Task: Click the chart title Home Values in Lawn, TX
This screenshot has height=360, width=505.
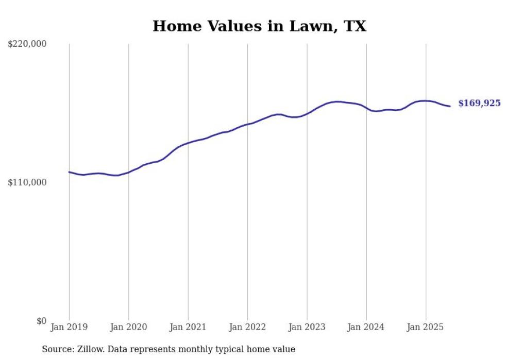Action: point(259,26)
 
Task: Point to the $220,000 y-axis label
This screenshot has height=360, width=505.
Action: point(27,44)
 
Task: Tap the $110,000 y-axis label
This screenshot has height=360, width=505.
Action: point(27,182)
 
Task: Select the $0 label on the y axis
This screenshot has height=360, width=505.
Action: point(41,321)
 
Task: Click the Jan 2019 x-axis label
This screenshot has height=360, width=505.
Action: point(69,327)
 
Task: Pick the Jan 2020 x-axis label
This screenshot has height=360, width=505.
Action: point(128,327)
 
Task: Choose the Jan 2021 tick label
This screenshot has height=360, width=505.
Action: point(188,327)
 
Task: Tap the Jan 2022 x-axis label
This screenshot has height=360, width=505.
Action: point(247,327)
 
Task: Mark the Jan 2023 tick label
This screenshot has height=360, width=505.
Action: point(307,327)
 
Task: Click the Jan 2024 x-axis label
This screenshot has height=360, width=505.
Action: point(366,327)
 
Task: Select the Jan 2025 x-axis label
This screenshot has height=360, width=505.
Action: point(426,327)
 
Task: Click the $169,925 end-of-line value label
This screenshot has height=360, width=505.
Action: point(479,104)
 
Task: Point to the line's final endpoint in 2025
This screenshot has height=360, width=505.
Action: point(450,106)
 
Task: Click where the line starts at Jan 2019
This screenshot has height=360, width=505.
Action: point(69,172)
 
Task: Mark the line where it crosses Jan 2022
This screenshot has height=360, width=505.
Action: point(247,124)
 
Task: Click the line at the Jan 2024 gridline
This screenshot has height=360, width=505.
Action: point(366,108)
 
